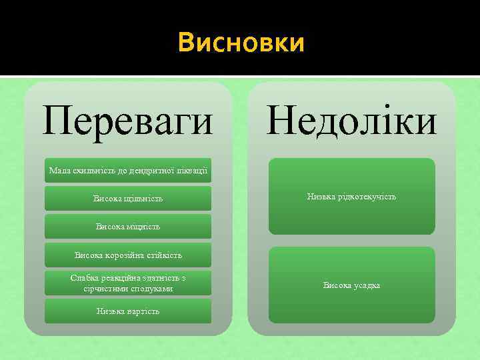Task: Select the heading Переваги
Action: tap(128, 122)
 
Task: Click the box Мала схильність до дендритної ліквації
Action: tap(128, 171)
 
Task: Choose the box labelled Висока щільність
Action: tap(128, 199)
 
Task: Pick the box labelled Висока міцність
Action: tap(128, 227)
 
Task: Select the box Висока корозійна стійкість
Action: tap(128, 255)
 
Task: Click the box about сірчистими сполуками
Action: tap(128, 283)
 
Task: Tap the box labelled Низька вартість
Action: tap(128, 311)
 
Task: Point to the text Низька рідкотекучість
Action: tap(351, 197)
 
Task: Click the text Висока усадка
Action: tap(351, 285)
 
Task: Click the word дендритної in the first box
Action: tap(149, 171)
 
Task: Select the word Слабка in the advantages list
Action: tap(85, 278)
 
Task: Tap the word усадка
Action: tap(365, 285)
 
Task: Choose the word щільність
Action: tap(144, 199)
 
